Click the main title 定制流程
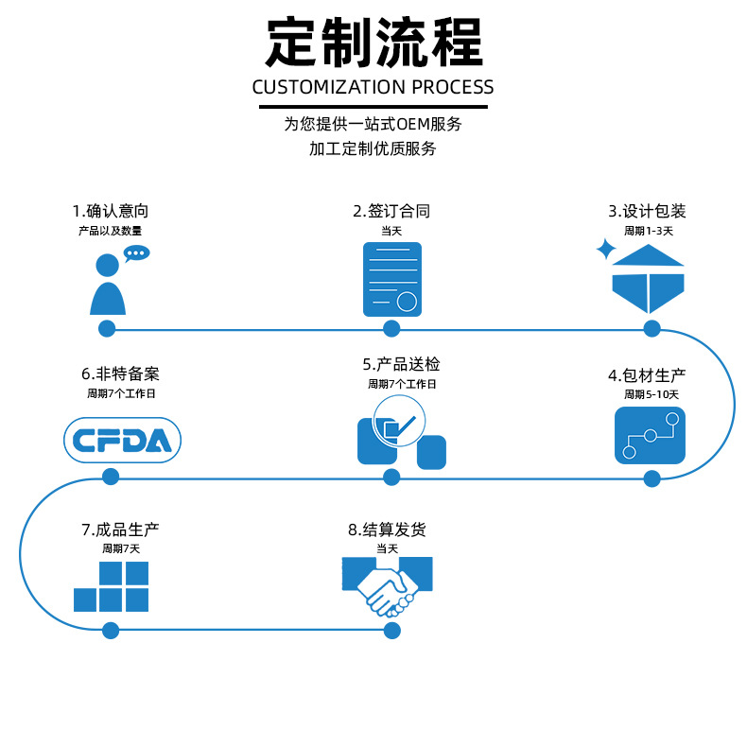tap(373, 43)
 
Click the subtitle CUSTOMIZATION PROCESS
tap(373, 87)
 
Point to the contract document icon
tap(391, 280)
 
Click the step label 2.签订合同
tap(391, 211)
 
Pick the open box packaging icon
tap(648, 279)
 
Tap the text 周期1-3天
tap(649, 231)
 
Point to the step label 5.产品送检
tap(401, 365)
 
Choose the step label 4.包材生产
tap(647, 375)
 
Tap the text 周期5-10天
tap(651, 394)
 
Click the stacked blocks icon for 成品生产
tap(112, 587)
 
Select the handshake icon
tap(388, 586)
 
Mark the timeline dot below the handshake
tap(388, 630)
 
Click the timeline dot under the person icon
tap(107, 329)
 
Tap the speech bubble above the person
tap(137, 253)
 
